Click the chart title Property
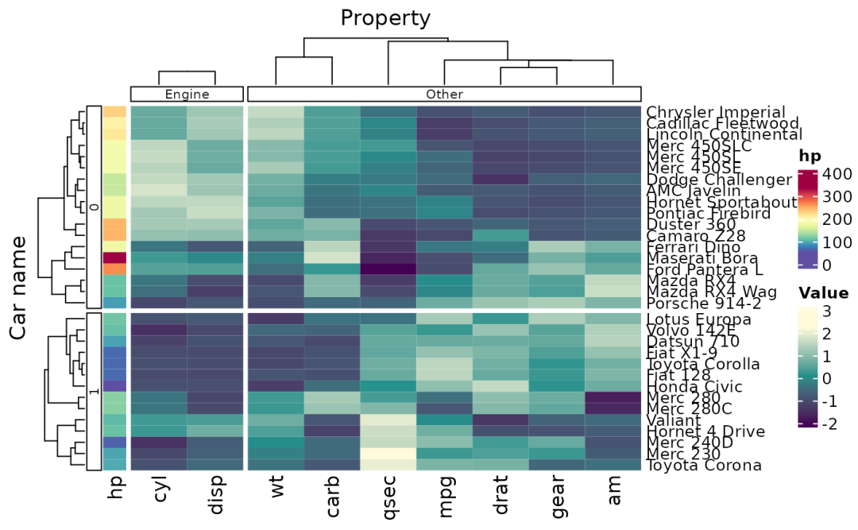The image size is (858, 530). [x=385, y=17]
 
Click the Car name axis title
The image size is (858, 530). [x=21, y=287]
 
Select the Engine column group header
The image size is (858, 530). [x=187, y=94]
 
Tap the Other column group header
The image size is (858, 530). [x=444, y=94]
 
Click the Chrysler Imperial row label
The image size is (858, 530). [x=716, y=113]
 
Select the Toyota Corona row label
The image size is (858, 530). [x=705, y=466]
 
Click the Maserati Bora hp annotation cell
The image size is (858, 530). [x=115, y=257]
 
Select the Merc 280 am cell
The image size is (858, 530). [x=612, y=397]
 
